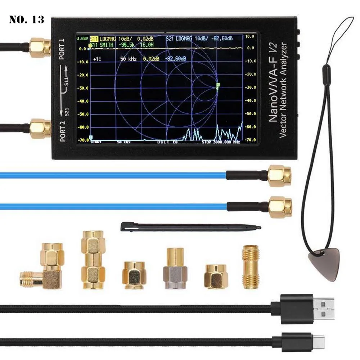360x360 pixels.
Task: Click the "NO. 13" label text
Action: pos(27,19)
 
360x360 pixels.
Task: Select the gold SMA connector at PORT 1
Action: pos(40,48)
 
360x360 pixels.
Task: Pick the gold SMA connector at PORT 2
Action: pos(40,129)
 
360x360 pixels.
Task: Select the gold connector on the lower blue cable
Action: pos(280,207)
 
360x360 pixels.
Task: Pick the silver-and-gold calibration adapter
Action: pos(175,269)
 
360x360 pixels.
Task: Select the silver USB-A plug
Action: pos(324,308)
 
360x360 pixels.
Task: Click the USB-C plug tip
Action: pos(318,339)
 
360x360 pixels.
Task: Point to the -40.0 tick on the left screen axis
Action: pos(84,101)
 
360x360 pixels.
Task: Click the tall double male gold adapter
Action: pos(93,260)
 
